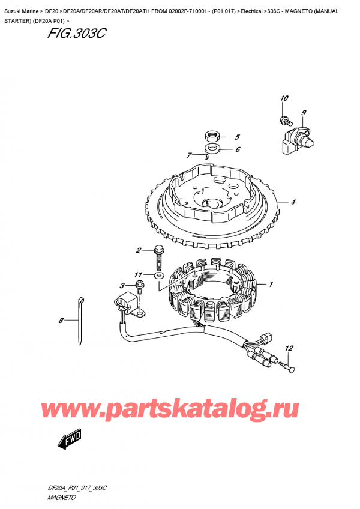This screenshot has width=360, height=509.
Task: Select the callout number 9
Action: point(304,112)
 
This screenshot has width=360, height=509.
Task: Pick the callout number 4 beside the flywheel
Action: point(293,202)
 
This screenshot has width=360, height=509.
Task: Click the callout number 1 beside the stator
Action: point(271,284)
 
